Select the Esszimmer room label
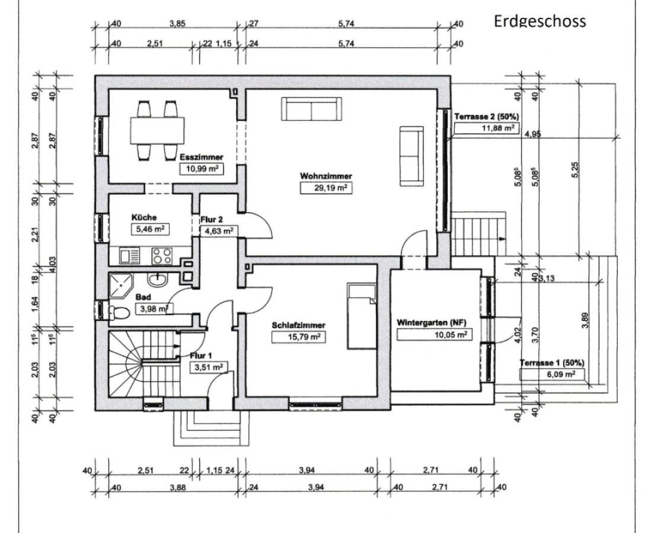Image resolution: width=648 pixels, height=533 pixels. (x=203, y=158)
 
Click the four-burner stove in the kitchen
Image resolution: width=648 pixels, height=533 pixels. (x=162, y=256)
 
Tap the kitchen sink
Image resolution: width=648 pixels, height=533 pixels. (x=129, y=256)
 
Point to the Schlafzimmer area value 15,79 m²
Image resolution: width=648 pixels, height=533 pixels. (x=299, y=336)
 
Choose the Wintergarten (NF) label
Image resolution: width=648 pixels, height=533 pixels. (x=432, y=323)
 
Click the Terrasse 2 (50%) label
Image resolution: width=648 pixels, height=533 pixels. (x=483, y=117)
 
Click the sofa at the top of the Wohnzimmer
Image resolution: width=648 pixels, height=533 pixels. (x=311, y=108)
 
